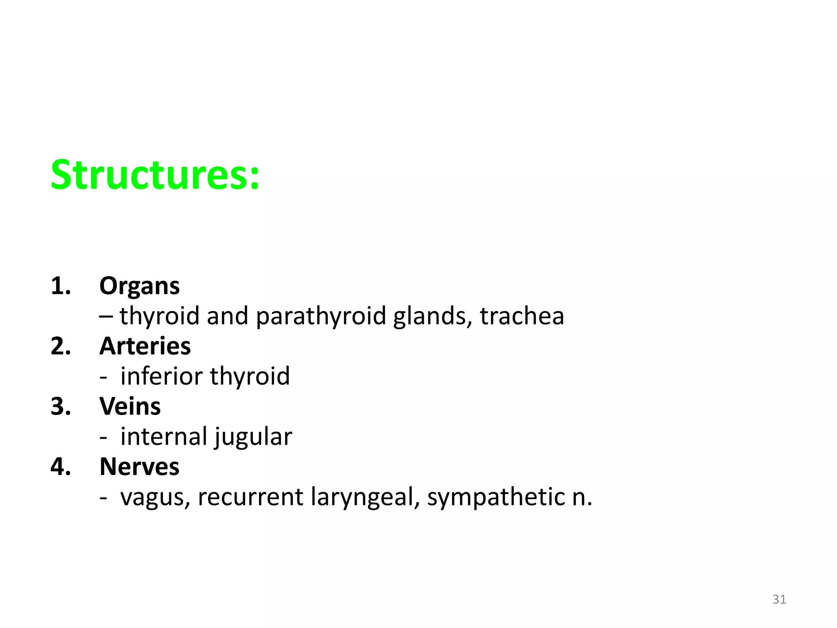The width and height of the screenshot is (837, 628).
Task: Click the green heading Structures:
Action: tap(155, 175)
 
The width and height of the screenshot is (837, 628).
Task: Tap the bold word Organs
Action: tap(139, 286)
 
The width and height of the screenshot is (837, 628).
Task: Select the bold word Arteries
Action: tap(145, 346)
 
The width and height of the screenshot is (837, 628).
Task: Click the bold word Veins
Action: tap(130, 406)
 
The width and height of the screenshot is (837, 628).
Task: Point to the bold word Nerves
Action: tap(139, 467)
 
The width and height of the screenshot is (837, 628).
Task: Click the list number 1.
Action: tap(60, 286)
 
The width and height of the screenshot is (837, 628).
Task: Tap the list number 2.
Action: tap(60, 346)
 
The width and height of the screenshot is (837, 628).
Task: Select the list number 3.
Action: tap(60, 406)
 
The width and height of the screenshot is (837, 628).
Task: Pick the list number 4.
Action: tap(60, 467)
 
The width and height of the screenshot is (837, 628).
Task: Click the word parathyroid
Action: tap(321, 316)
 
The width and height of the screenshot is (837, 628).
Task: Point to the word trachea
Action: tap(522, 316)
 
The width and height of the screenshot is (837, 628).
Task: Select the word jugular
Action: tap(253, 437)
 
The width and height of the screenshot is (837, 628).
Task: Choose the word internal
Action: tap(164, 436)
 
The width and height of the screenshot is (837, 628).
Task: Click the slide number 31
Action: tap(779, 599)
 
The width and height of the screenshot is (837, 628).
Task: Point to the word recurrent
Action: tap(251, 497)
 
